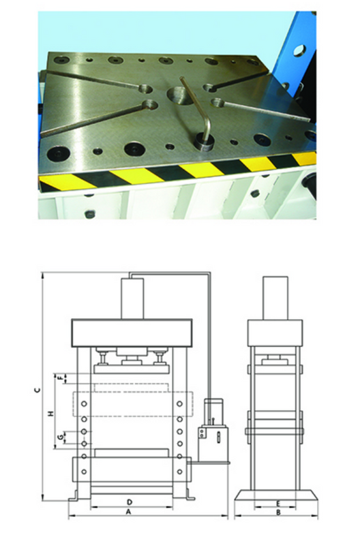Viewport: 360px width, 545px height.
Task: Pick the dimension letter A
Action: [x=129, y=512]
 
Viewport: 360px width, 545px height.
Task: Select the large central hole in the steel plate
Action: [x=179, y=95]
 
